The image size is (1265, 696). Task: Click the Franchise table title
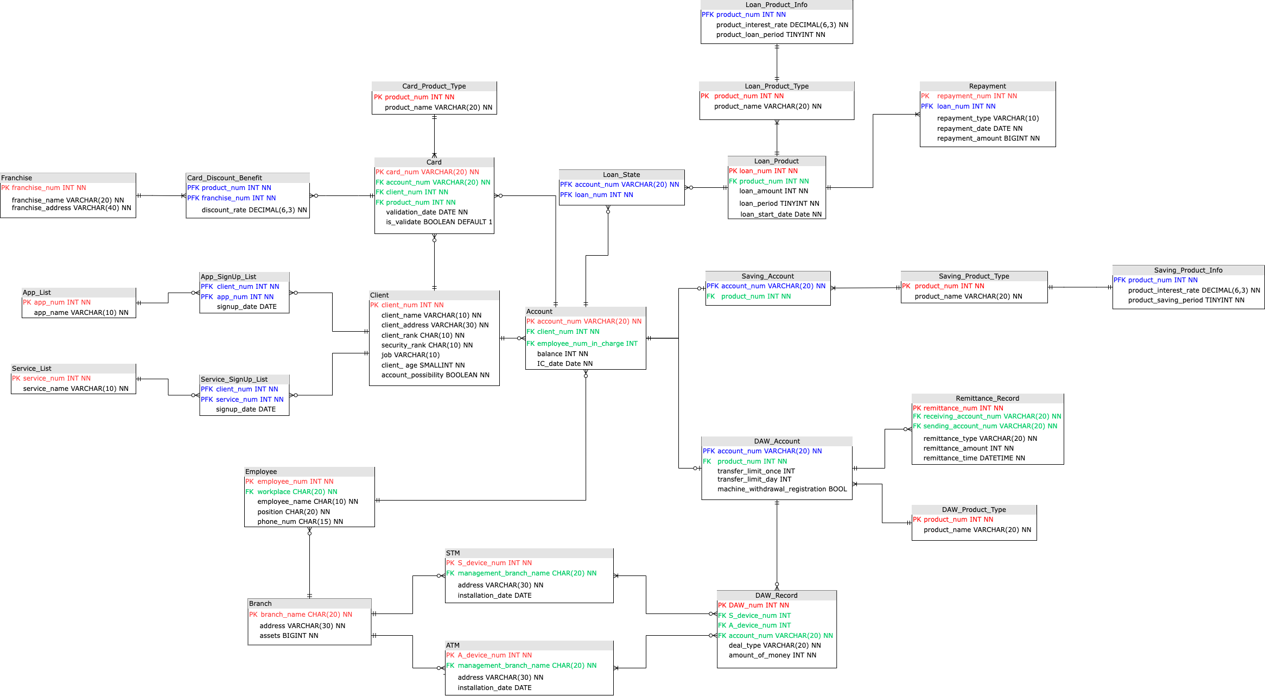point(17,178)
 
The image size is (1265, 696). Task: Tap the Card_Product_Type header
point(434,86)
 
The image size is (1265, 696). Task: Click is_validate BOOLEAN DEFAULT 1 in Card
point(438,222)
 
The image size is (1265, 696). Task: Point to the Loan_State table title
point(621,175)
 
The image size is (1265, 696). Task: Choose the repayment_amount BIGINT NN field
point(988,138)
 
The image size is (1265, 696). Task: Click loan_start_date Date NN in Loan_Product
point(780,214)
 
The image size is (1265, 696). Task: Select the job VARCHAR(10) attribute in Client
point(410,355)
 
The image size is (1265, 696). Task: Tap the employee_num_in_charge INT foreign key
point(582,344)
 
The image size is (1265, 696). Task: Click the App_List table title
point(37,293)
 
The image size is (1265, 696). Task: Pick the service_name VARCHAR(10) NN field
point(75,389)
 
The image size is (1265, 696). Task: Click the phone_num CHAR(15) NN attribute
point(300,522)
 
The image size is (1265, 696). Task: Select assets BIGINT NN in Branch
point(289,636)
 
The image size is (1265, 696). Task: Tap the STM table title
point(453,553)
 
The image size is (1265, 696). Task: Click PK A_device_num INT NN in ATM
point(488,655)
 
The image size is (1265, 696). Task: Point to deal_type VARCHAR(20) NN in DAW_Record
point(774,646)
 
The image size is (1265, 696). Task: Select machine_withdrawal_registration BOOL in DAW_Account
point(781,489)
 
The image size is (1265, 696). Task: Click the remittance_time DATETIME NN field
point(974,458)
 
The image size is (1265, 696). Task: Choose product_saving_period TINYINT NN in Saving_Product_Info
point(1186,300)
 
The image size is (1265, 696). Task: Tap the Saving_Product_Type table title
point(974,276)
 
